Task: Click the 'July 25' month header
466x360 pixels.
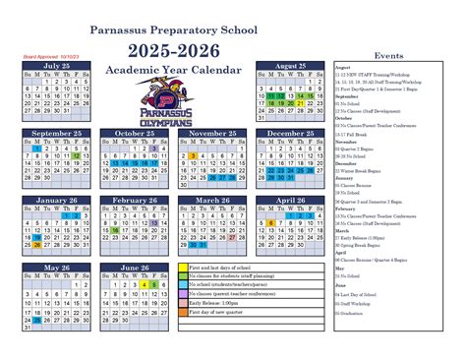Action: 57,66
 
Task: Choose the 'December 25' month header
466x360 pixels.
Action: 291,133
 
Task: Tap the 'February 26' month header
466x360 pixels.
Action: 135,200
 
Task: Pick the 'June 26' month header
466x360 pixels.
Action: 135,268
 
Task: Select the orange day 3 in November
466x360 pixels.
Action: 193,155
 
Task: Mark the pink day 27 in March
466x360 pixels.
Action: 232,237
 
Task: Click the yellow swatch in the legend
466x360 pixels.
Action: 183,268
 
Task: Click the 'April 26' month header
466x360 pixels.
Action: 291,200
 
